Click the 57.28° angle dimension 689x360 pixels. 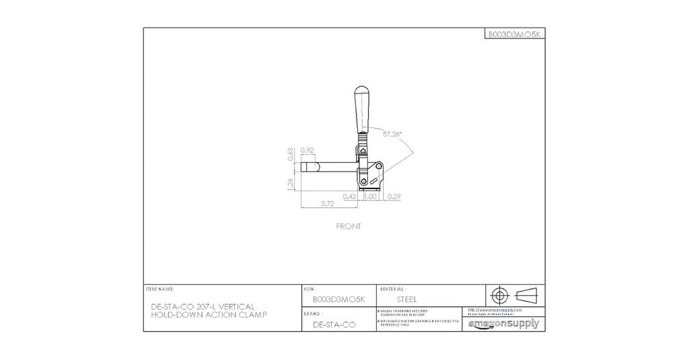tap(392, 134)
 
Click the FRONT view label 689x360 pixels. tap(349, 226)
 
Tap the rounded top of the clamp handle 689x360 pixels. tap(362, 90)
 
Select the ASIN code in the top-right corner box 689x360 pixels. tap(515, 34)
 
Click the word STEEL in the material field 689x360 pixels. tap(407, 299)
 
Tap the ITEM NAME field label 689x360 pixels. tap(159, 288)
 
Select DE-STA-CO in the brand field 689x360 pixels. tap(334, 324)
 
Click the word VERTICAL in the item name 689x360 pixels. tap(236, 306)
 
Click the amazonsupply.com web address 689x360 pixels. tap(495, 310)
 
